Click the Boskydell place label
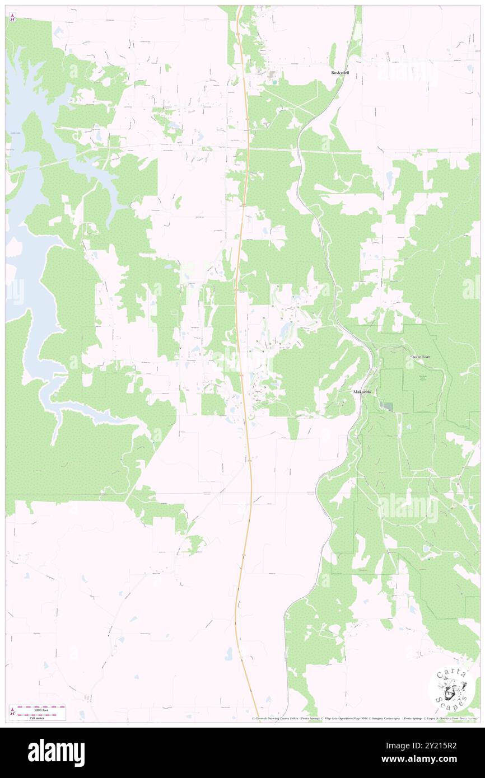pyautogui.click(x=340, y=73)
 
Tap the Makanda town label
pyautogui.click(x=362, y=392)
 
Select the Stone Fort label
pyautogui.click(x=423, y=357)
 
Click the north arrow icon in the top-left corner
pyautogui.click(x=12, y=18)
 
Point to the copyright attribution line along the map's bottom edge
pyautogui.click(x=364, y=718)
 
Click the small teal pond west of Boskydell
pyautogui.click(x=274, y=82)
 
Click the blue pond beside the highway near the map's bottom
pyautogui.click(x=229, y=653)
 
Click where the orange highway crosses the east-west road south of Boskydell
pyautogui.click(x=247, y=149)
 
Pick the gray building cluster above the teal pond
pyautogui.click(x=272, y=73)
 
